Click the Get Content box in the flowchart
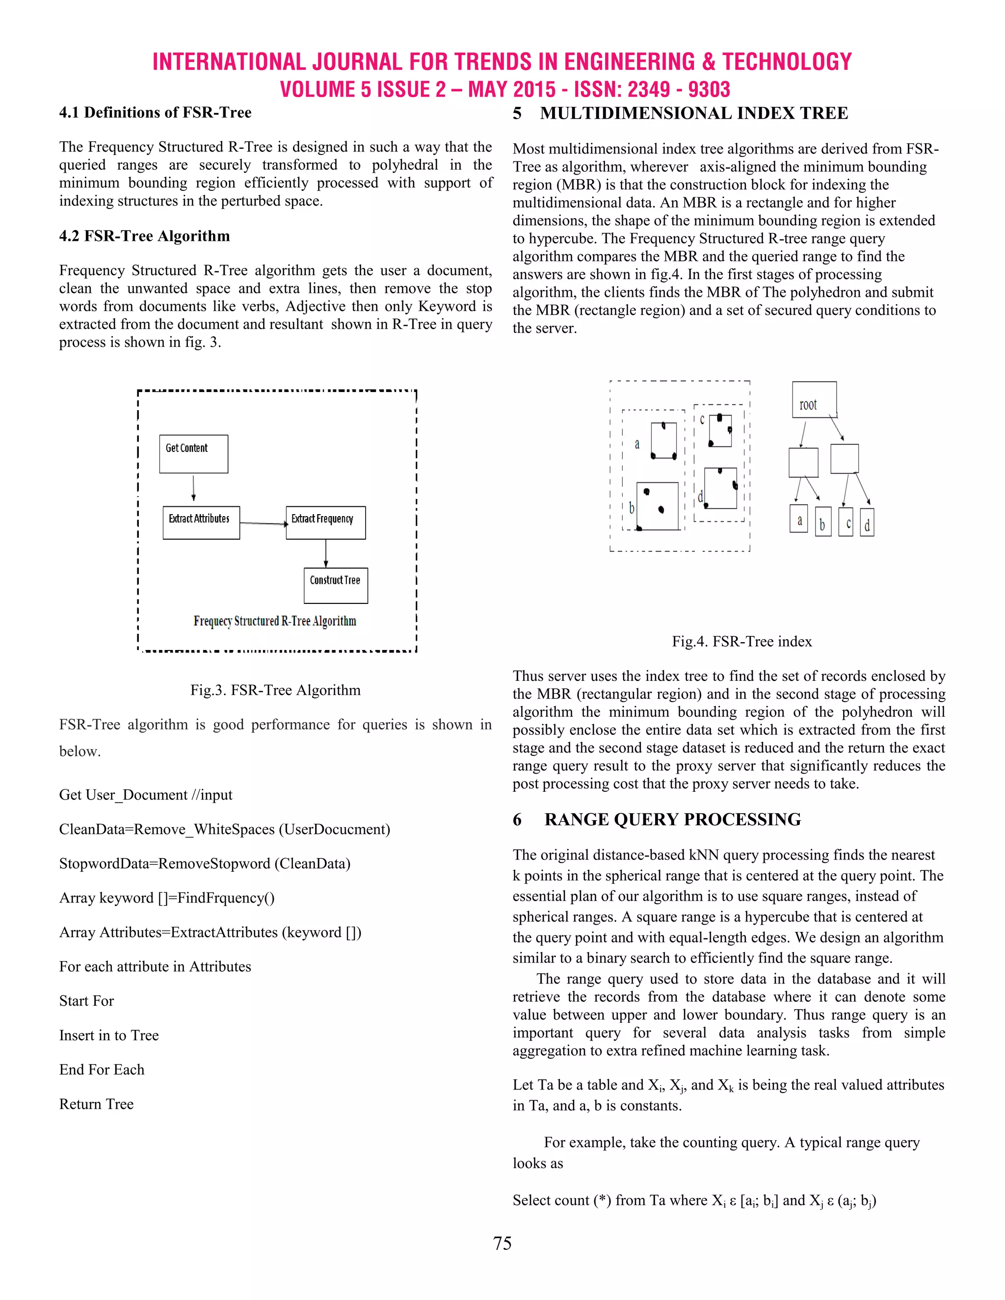click(x=193, y=454)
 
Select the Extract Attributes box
click(x=201, y=522)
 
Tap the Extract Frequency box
click(x=326, y=522)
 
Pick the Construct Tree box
click(x=336, y=585)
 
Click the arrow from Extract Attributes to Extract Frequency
click(x=263, y=523)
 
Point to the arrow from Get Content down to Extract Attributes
click(x=193, y=488)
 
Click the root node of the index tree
click(x=814, y=400)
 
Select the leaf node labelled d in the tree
click(x=867, y=522)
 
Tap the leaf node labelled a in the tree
click(x=798, y=519)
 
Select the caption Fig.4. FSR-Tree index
click(x=742, y=641)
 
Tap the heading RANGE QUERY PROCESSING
click(x=672, y=820)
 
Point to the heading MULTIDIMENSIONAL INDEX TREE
click(x=693, y=113)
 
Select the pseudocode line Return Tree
click(x=97, y=1104)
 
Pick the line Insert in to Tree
click(x=109, y=1035)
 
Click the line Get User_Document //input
click(x=145, y=795)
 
